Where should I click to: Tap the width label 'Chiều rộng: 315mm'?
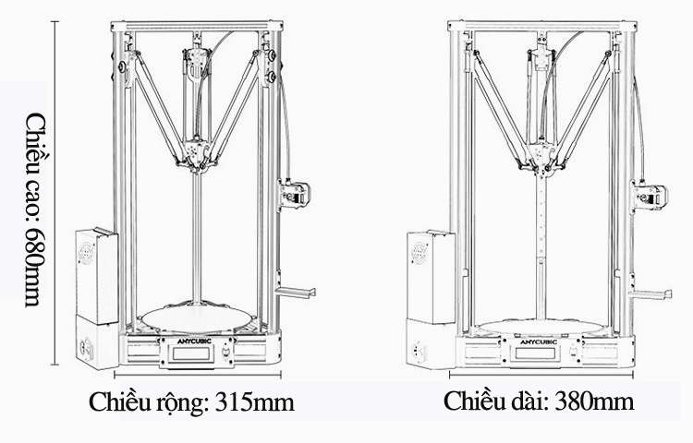coord(191,401)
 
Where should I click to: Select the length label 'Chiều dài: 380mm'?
coord(539,401)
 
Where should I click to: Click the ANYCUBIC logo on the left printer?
coord(194,341)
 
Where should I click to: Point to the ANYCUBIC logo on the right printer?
coord(539,342)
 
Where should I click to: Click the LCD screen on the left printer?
coord(191,353)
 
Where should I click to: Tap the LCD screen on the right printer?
coord(535,353)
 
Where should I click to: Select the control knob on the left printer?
coord(225,352)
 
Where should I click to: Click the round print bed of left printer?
coord(197,317)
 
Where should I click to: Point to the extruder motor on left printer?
coord(295,193)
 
